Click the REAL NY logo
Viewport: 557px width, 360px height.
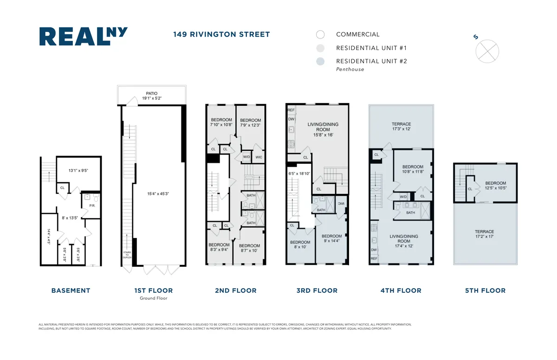pyautogui.click(x=83, y=37)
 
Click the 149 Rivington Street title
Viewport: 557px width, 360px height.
pyautogui.click(x=221, y=34)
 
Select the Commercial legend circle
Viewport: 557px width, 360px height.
pyautogui.click(x=320, y=34)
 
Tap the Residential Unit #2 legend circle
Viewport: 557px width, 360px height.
pyautogui.click(x=320, y=61)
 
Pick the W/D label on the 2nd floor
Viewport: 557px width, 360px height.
pyautogui.click(x=246, y=157)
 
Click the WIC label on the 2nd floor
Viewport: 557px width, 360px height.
pyautogui.click(x=258, y=157)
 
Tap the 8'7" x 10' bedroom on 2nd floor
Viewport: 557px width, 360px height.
pyautogui.click(x=249, y=248)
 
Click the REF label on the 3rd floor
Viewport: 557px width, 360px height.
pyautogui.click(x=291, y=110)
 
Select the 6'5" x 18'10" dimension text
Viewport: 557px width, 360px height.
pyautogui.click(x=299, y=174)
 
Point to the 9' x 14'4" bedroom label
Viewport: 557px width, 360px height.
pyautogui.click(x=332, y=238)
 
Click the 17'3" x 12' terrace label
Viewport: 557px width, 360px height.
pyautogui.click(x=401, y=127)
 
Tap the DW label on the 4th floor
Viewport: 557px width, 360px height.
pyautogui.click(x=374, y=249)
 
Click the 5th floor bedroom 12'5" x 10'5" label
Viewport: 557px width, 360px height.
pyautogui.click(x=495, y=186)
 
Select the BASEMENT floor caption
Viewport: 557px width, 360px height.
pyautogui.click(x=71, y=290)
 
